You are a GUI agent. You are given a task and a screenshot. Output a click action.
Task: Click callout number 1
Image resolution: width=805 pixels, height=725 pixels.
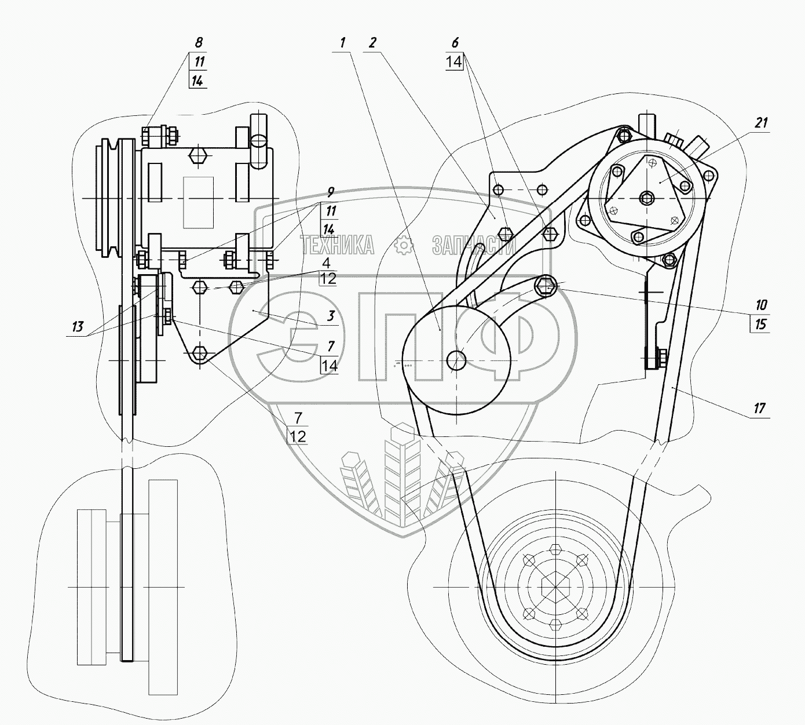point(342,42)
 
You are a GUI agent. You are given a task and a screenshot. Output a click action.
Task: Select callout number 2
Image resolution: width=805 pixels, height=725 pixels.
point(372,42)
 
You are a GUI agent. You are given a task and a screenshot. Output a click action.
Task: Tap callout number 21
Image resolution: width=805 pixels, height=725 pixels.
point(761,122)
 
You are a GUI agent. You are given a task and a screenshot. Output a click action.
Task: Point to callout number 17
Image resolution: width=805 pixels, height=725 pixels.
point(760,408)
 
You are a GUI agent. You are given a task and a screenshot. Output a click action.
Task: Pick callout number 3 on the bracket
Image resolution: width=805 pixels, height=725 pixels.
point(331,316)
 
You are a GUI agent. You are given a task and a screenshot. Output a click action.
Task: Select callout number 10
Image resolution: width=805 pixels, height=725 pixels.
point(761,305)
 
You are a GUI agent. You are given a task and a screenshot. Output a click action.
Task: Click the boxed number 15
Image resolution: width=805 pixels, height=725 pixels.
point(761,323)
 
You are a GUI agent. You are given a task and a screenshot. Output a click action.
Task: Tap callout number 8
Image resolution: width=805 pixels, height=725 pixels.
point(199,42)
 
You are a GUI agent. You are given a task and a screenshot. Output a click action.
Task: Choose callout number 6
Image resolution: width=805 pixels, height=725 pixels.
point(455,42)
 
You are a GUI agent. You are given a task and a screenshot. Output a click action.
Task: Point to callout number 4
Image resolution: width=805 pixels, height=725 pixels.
point(327,262)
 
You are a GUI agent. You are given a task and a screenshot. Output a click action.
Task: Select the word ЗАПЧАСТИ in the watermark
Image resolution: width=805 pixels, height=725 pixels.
point(473,246)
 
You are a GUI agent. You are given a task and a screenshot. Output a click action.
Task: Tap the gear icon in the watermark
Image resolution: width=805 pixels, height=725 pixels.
point(404,246)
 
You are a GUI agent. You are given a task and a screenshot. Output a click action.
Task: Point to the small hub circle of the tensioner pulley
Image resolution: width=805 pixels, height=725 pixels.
point(456,361)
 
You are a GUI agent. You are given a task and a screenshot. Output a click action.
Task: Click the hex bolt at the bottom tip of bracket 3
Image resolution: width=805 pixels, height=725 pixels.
point(200,352)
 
